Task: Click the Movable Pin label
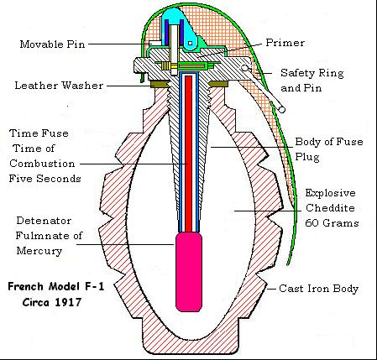(x=52, y=44)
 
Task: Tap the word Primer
(x=285, y=43)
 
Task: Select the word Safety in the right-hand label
(x=297, y=73)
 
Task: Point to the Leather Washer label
(x=59, y=86)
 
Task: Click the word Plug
(x=307, y=157)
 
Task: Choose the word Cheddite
(x=330, y=208)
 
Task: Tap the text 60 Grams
(x=332, y=223)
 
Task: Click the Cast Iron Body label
(x=319, y=289)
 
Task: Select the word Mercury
(x=39, y=251)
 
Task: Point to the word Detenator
(x=44, y=221)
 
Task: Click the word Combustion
(x=42, y=164)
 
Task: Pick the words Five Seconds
(x=45, y=179)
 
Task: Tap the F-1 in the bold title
(x=94, y=287)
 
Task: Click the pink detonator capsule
(x=189, y=272)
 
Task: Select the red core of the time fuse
(x=189, y=154)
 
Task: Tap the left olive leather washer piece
(x=160, y=84)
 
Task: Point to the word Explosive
(x=330, y=193)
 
